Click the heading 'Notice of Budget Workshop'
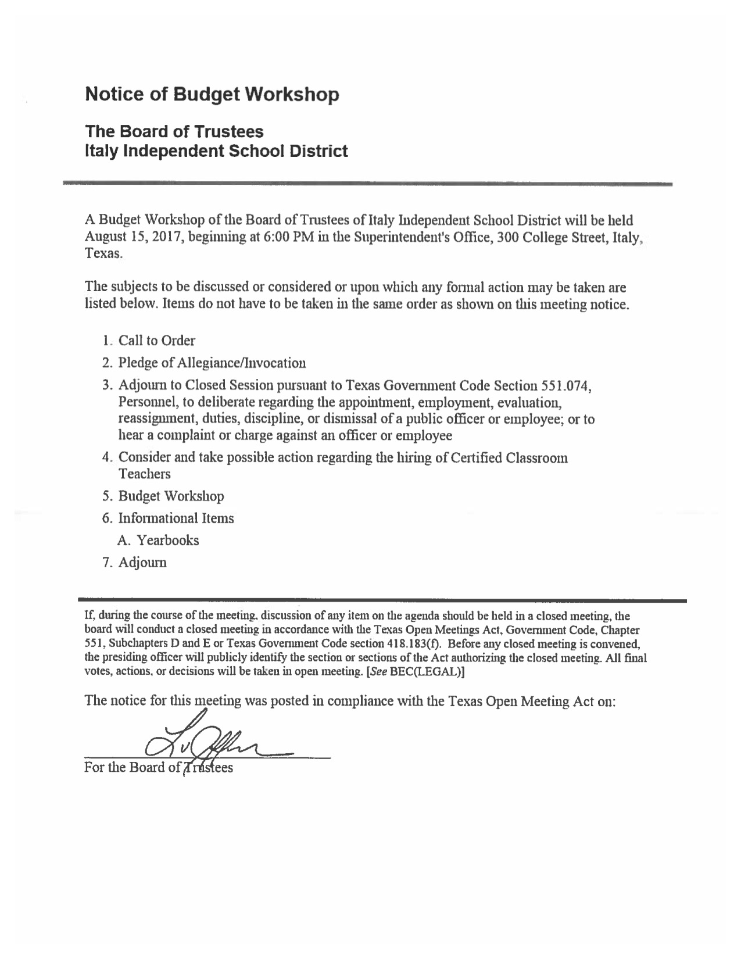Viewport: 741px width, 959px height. (x=212, y=94)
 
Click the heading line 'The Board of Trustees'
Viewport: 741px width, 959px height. (x=174, y=131)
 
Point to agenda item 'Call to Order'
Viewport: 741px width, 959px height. (x=157, y=341)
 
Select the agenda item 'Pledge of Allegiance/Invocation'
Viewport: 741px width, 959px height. (x=212, y=363)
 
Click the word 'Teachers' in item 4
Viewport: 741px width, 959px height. (x=145, y=474)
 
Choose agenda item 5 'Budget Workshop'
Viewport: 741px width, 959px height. (x=171, y=496)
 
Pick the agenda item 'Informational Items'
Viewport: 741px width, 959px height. (x=176, y=518)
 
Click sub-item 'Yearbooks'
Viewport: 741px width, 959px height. (x=167, y=541)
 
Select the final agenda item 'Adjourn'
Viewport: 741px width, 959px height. (x=142, y=563)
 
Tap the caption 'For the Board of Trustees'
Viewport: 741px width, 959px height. (x=159, y=768)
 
